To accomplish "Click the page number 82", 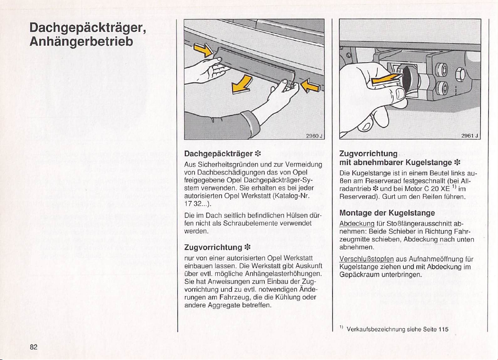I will pos(33,346).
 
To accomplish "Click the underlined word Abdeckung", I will pos(354,223).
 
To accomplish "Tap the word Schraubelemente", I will pos(248,223).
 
